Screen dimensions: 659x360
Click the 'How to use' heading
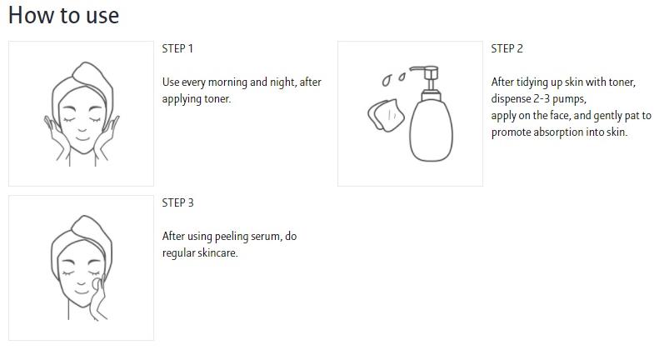64,16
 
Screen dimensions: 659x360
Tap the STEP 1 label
177,49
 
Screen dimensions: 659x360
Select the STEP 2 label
507,49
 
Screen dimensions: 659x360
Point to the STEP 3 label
177,203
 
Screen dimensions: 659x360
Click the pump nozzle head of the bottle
426,72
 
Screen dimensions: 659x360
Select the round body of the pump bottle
432,129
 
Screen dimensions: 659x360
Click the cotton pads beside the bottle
386,115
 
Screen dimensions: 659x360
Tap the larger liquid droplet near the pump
387,80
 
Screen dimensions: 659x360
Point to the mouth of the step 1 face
82,138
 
